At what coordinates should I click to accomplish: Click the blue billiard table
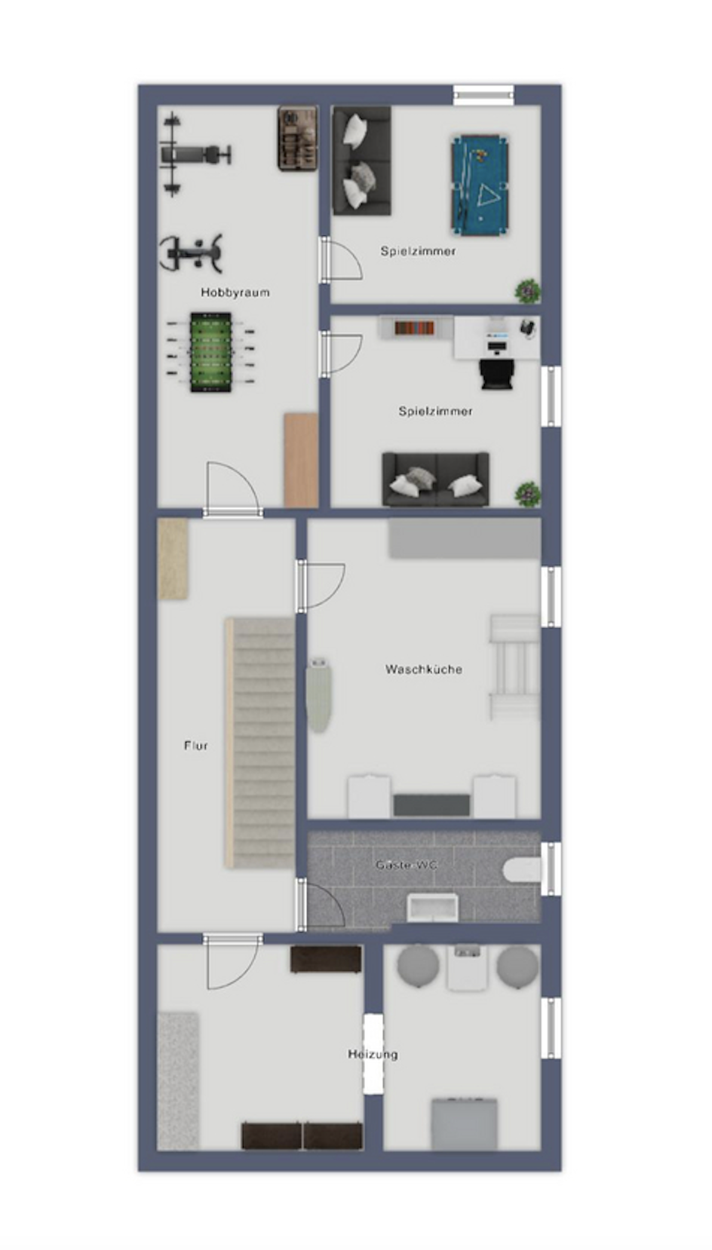point(480,185)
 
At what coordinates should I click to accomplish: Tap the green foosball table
point(210,352)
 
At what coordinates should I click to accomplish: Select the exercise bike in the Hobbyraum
point(192,254)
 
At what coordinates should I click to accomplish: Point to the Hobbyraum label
point(235,293)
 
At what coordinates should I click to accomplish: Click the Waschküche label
point(424,669)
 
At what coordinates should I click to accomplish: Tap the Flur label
point(196,746)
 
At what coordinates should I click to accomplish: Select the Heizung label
point(373,1054)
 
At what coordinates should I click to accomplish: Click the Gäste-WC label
point(406,865)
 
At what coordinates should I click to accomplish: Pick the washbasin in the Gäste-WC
point(433,908)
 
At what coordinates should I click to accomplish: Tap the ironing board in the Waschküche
point(318,695)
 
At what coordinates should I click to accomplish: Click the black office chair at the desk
point(497,373)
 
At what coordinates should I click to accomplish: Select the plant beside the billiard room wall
point(528,291)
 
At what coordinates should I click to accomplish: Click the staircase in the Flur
point(260,743)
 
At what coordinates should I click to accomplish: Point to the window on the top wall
point(483,95)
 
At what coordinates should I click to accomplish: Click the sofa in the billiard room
point(362,161)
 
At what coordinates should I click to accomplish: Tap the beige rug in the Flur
point(173,559)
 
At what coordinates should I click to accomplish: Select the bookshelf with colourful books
point(414,327)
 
